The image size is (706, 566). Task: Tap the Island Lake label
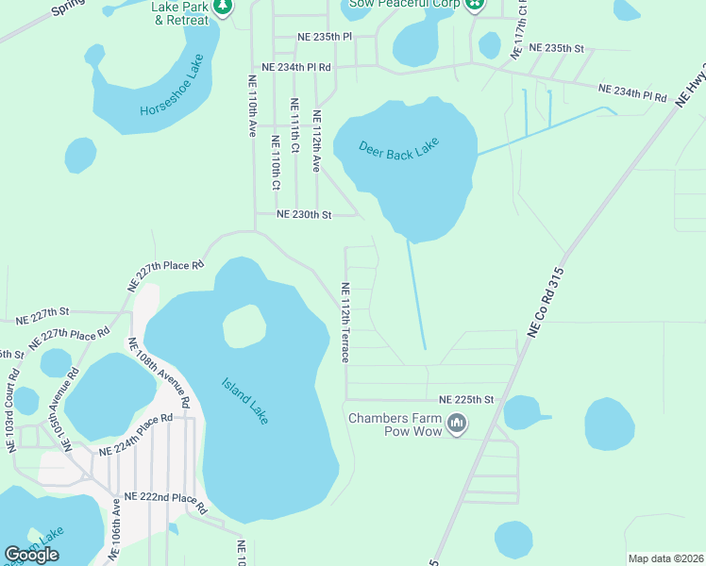245,400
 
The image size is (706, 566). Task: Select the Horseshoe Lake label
172,85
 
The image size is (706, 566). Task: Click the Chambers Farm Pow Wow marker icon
458,424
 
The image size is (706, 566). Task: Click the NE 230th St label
304,215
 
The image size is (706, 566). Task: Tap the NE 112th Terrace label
345,323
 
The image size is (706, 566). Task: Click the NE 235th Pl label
324,36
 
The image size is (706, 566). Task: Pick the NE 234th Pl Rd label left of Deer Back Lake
296,67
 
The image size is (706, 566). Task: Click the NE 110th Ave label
252,107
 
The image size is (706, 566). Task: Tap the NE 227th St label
38,310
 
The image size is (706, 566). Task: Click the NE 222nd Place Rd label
165,502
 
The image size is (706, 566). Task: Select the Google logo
32,554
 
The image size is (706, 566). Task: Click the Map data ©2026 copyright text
665,558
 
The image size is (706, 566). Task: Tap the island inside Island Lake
244,326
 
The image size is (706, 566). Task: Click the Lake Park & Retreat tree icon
224,7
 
